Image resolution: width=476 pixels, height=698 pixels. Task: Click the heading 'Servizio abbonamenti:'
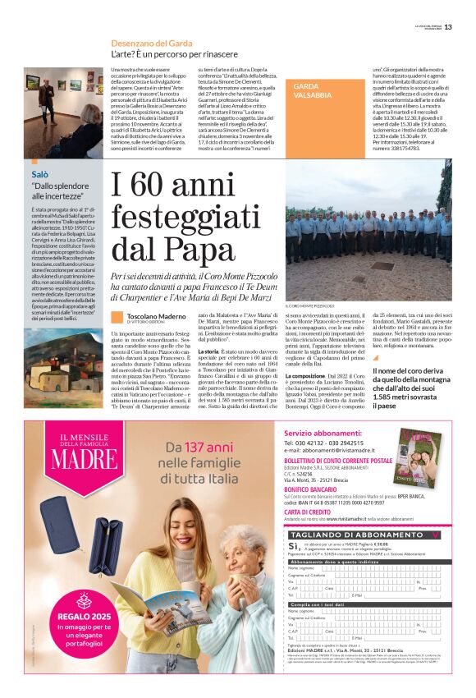[315, 432]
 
